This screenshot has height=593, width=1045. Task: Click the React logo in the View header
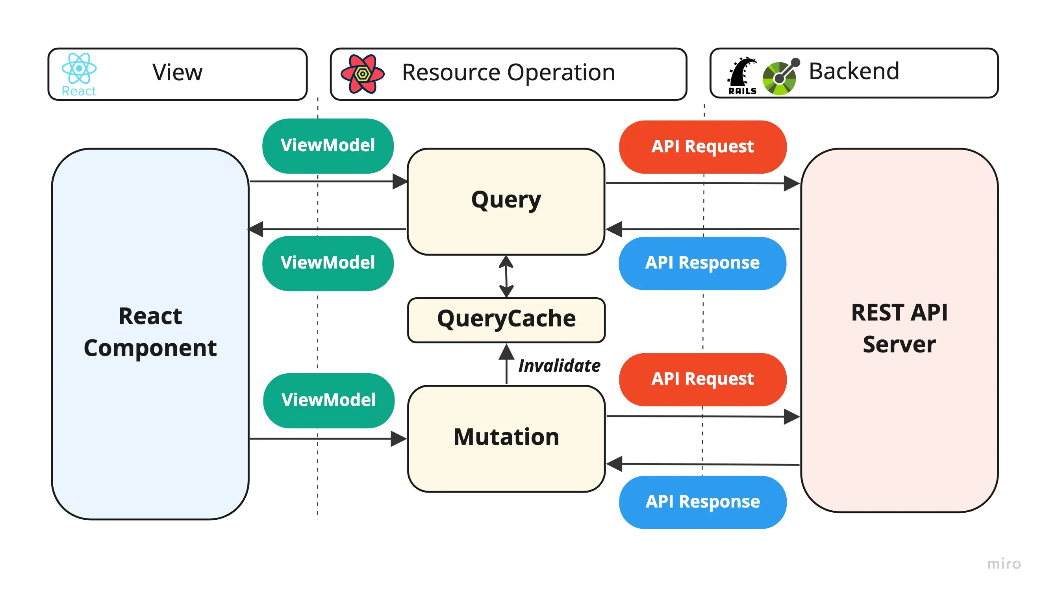[79, 69]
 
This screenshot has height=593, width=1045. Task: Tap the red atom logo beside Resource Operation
[362, 74]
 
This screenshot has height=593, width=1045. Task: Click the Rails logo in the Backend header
[742, 76]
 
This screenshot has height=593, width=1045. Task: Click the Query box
[506, 201]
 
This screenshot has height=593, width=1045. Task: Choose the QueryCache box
[506, 320]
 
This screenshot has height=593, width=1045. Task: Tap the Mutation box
[506, 438]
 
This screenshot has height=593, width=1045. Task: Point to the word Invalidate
[559, 365]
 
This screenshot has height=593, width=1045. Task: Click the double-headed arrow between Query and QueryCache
[506, 276]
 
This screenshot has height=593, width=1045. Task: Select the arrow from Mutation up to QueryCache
[506, 364]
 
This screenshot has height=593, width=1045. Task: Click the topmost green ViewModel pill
[328, 145]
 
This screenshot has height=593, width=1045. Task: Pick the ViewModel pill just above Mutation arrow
[329, 400]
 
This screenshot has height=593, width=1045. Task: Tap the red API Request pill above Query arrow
[702, 146]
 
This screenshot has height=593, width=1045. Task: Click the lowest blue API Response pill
[702, 502]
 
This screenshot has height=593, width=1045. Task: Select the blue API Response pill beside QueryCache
[702, 263]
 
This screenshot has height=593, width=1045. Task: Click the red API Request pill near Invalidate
[702, 379]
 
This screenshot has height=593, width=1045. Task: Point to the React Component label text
[150, 332]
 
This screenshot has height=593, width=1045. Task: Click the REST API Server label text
[899, 328]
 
